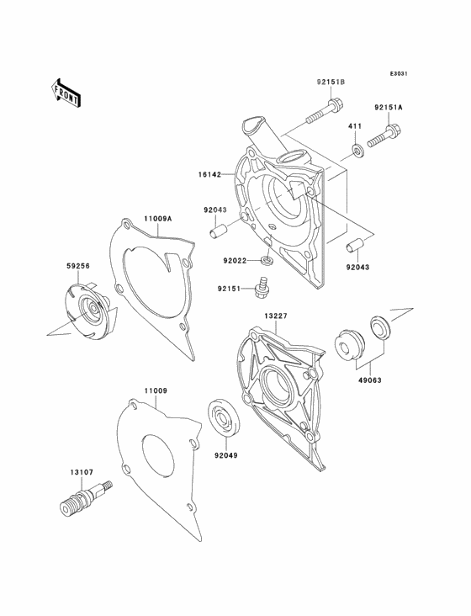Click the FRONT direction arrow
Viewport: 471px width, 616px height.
coord(65,93)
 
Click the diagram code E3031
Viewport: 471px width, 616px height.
coord(399,73)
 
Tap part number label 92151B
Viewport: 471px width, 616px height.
coord(331,82)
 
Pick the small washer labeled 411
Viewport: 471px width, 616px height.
coord(357,150)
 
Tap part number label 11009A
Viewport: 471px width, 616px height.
coord(158,219)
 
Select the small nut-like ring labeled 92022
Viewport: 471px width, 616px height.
coord(267,260)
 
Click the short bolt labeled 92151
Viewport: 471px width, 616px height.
coord(261,289)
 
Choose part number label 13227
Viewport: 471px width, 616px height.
coord(276,316)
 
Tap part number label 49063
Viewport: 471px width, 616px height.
coord(371,380)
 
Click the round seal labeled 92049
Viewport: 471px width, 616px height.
coord(222,417)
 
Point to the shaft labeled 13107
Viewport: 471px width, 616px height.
coord(86,497)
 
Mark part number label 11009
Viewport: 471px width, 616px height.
coord(156,390)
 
